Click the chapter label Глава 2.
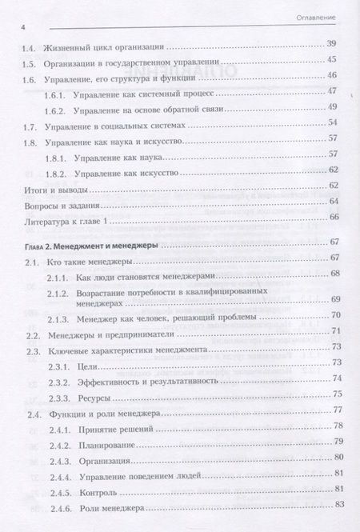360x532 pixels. [39, 242]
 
